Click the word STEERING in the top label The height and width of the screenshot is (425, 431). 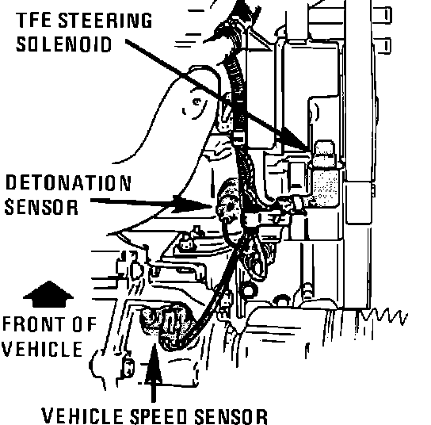point(105,21)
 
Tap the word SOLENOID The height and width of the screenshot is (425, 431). point(64,44)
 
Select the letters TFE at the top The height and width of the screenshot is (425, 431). point(34,20)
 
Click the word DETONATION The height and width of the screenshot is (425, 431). point(68,183)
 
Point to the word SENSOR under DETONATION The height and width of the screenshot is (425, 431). point(41,207)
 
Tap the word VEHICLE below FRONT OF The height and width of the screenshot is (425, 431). point(42,349)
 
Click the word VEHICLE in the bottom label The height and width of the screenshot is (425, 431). point(82,416)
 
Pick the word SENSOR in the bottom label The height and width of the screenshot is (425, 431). point(231,417)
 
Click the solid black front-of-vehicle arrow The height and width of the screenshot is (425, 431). point(48,294)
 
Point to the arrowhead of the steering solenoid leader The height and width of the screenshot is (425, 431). point(296,139)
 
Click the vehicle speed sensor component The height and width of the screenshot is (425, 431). point(166,324)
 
